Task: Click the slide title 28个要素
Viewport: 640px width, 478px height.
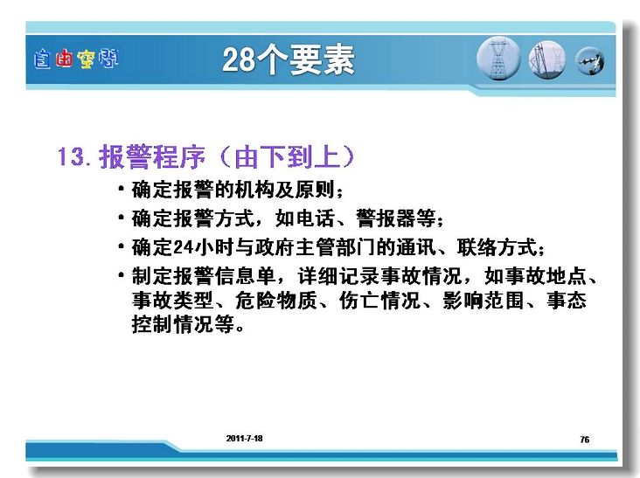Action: click(289, 60)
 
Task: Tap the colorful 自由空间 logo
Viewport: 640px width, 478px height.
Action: click(76, 59)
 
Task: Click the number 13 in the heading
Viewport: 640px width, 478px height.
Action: click(71, 156)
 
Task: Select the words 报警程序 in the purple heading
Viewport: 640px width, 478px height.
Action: click(152, 156)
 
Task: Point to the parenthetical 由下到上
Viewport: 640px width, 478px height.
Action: click(287, 156)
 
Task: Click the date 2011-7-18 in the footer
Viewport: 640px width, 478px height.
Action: click(245, 439)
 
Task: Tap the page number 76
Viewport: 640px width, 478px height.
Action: click(585, 440)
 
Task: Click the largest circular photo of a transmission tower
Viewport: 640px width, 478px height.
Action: click(498, 59)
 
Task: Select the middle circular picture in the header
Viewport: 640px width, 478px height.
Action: click(547, 60)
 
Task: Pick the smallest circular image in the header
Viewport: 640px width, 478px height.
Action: click(590, 61)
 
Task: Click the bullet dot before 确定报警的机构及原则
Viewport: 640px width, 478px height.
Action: click(121, 189)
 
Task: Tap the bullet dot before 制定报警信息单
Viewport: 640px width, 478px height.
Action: click(121, 274)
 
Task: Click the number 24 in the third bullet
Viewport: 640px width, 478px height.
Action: click(184, 247)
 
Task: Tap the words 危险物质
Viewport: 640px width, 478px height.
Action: click(276, 301)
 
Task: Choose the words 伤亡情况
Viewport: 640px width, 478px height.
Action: click(380, 301)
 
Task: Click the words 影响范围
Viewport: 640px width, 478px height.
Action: click(483, 301)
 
